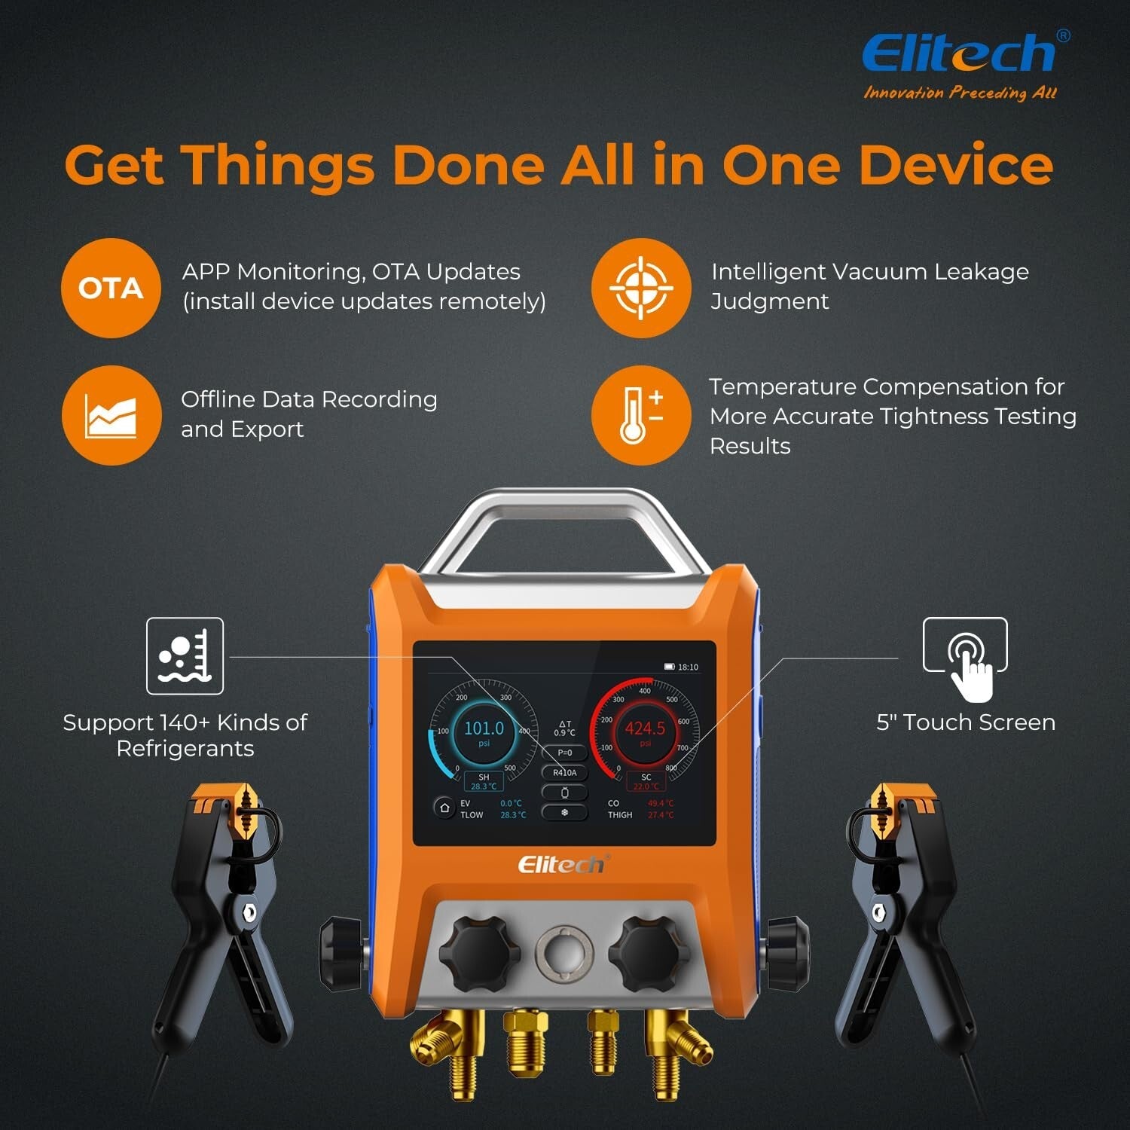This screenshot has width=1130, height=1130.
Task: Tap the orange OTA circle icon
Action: [x=111, y=288]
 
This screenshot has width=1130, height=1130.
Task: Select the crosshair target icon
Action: [x=640, y=288]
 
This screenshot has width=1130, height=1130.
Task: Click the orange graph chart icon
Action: [x=111, y=415]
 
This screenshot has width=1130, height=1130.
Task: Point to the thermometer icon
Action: [x=640, y=415]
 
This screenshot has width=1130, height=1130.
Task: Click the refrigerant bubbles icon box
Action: [x=185, y=655]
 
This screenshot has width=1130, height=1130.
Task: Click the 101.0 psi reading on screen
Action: [x=484, y=729]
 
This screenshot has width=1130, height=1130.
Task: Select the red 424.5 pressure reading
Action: [x=645, y=729]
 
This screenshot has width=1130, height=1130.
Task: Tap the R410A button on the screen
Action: [x=564, y=773]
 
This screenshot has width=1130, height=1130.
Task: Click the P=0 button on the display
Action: [x=564, y=753]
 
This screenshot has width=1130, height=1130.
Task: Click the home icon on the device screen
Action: [x=444, y=808]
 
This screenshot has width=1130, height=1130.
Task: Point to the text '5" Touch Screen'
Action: [x=965, y=722]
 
